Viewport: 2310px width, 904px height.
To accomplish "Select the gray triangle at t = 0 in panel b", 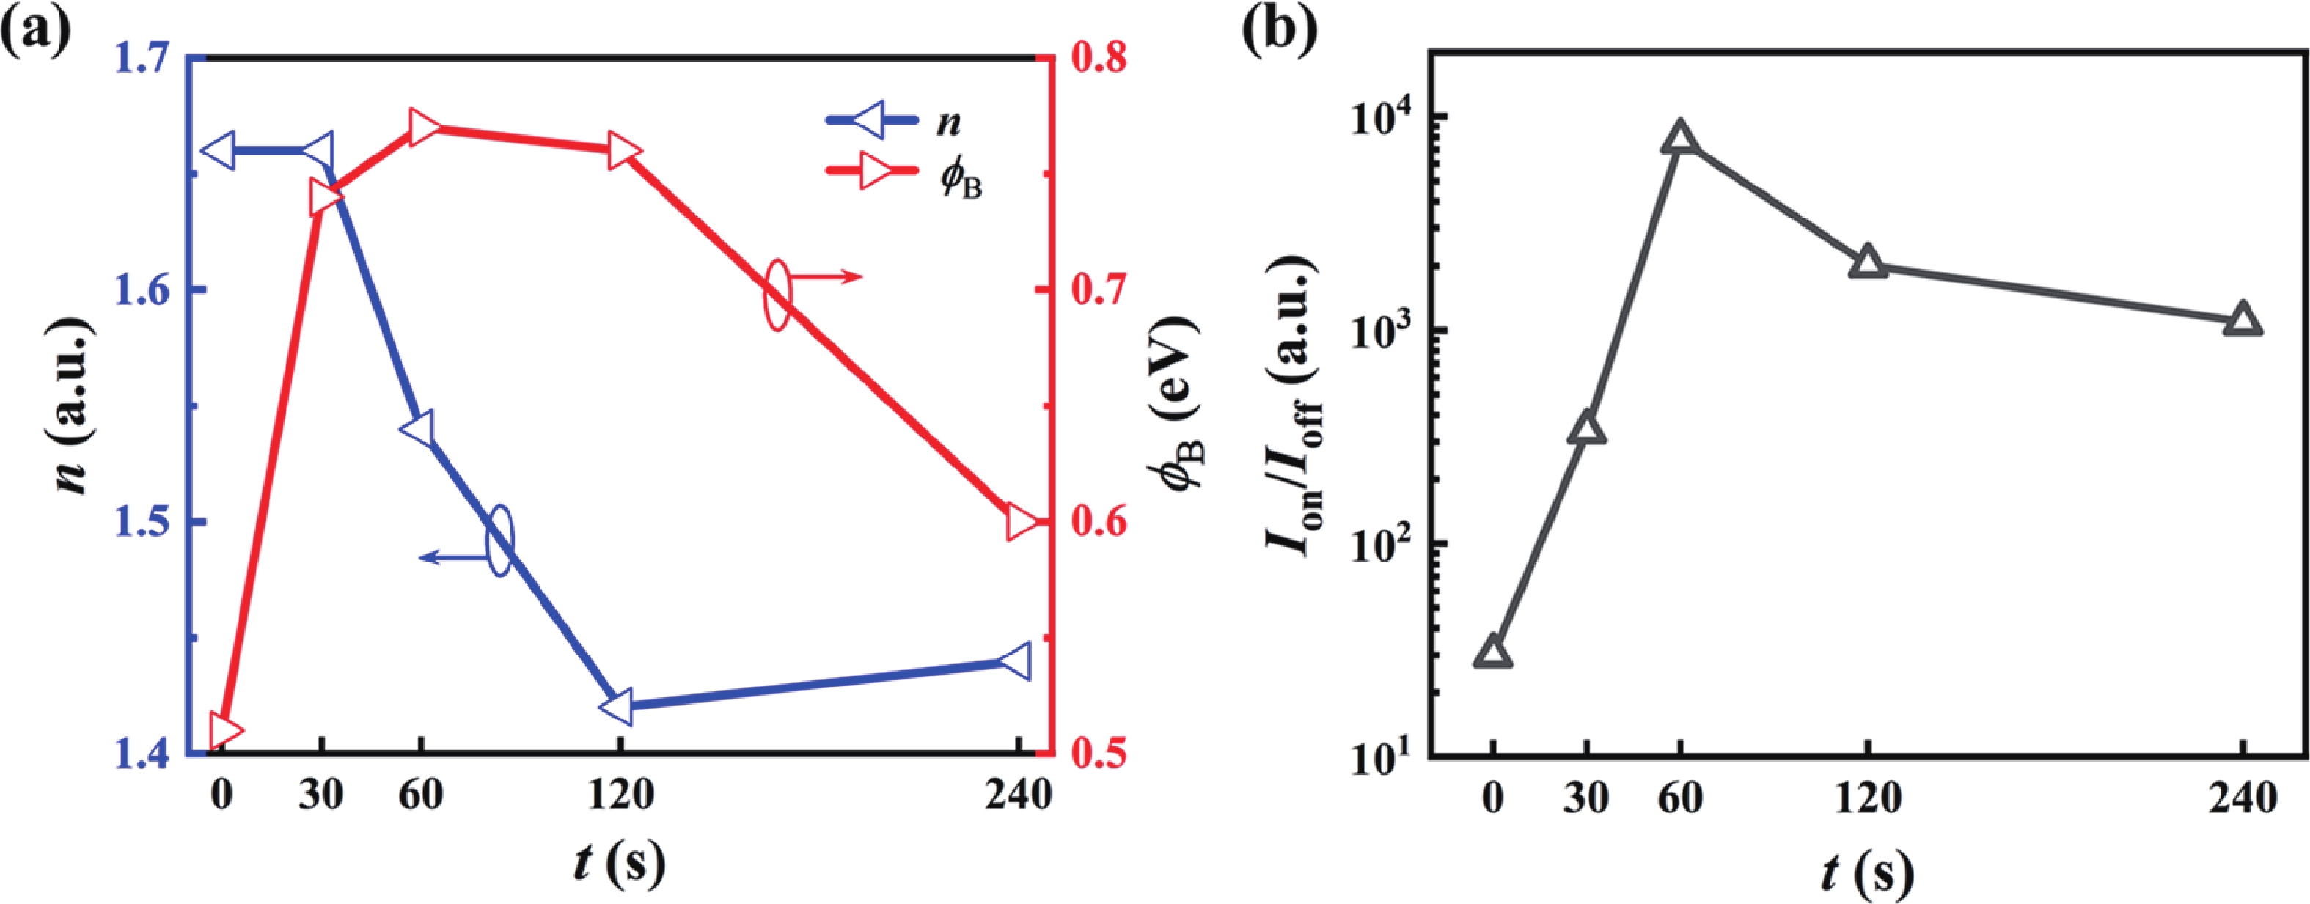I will [1493, 653].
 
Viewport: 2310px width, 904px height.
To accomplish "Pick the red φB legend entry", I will [906, 175].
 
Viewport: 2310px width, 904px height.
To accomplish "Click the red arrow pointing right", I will [825, 277].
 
